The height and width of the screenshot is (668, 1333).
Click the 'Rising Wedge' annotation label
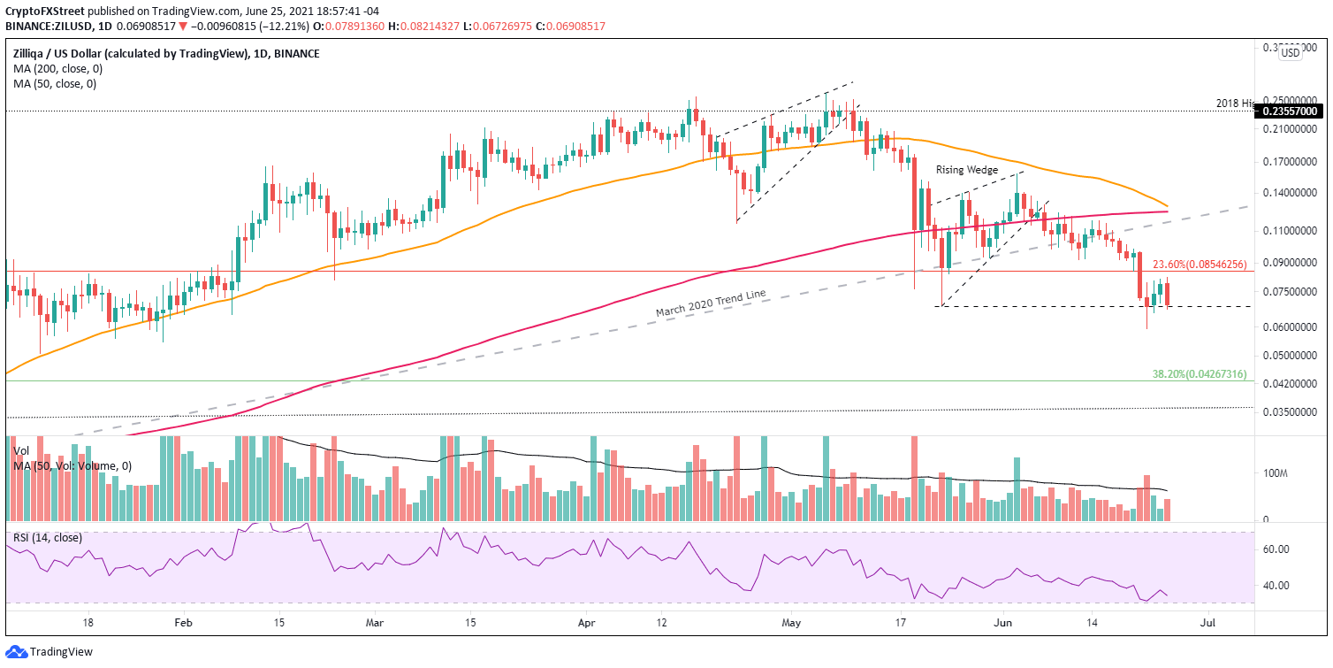968,170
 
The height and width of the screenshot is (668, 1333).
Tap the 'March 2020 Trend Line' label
710,303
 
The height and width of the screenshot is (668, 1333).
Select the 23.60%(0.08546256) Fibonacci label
1199,264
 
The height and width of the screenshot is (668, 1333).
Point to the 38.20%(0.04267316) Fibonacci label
1199,374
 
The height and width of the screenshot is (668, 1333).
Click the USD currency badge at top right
1291,53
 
